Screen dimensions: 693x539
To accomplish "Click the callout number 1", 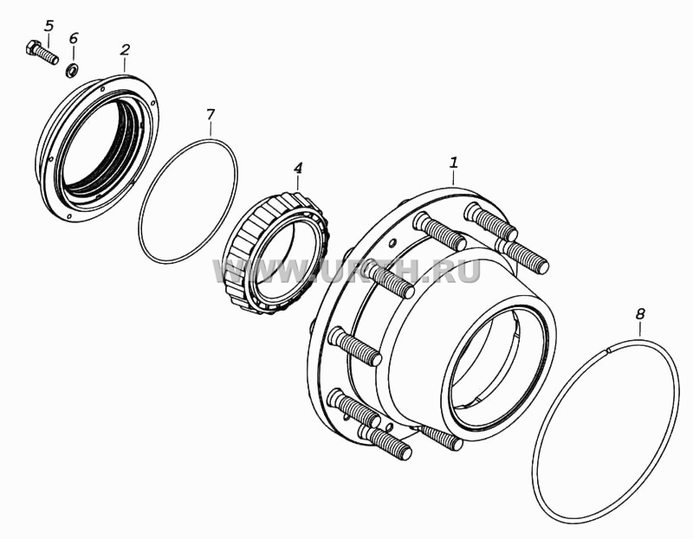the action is [454, 163].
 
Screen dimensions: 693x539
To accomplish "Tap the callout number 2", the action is [125, 49].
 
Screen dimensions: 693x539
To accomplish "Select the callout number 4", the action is [298, 168].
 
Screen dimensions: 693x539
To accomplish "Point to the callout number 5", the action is [49, 26].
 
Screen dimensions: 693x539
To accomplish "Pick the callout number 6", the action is [73, 38].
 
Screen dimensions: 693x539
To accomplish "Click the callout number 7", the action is [210, 114].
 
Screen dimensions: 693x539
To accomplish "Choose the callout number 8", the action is [640, 314].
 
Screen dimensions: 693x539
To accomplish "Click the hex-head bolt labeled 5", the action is [42, 52].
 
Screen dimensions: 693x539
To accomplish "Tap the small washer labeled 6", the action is [72, 70].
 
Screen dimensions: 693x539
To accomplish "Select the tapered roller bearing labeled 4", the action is [276, 252].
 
